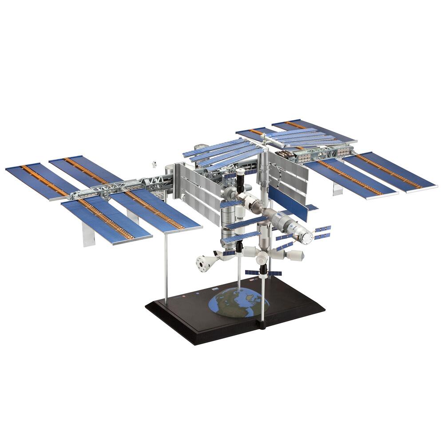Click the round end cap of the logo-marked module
click(x=306, y=238)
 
